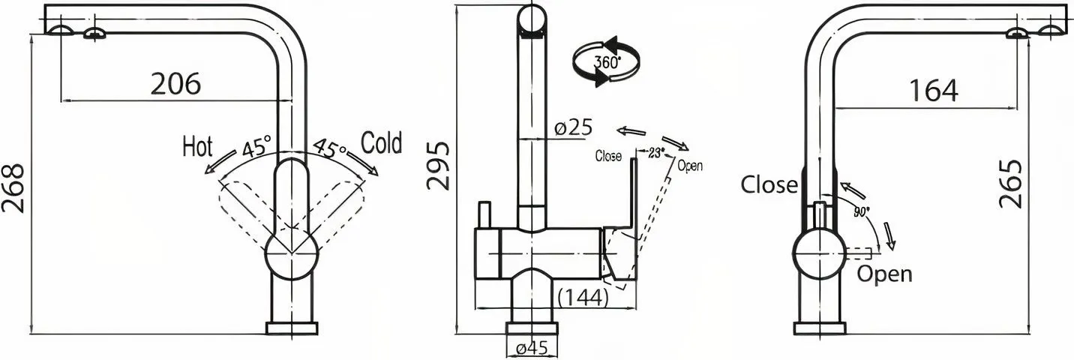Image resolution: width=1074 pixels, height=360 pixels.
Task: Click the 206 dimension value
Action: (176, 84)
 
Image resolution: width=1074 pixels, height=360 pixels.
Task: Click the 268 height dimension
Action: (13, 188)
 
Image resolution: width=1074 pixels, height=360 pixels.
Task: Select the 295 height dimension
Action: (439, 166)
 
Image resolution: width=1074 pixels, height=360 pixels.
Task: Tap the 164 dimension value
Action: (934, 91)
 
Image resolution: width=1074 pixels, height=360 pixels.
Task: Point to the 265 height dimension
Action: (1010, 184)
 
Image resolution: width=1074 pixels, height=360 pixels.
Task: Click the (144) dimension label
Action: (583, 298)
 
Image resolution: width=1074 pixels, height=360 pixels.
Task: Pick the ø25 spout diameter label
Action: (573, 127)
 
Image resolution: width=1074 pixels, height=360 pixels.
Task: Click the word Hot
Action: (197, 147)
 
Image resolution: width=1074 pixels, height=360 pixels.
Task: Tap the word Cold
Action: (382, 142)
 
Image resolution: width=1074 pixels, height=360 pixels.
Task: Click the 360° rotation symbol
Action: (607, 61)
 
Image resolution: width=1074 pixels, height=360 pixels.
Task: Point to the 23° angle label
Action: (656, 153)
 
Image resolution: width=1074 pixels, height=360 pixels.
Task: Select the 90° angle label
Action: (862, 211)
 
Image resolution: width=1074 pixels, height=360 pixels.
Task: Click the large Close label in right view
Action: (769, 184)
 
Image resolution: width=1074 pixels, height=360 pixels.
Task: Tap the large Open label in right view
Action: (884, 274)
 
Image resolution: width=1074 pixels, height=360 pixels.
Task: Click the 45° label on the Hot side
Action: (256, 146)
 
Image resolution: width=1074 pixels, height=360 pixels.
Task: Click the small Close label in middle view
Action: (608, 156)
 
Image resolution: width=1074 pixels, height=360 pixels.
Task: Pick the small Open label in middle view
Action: (690, 166)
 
